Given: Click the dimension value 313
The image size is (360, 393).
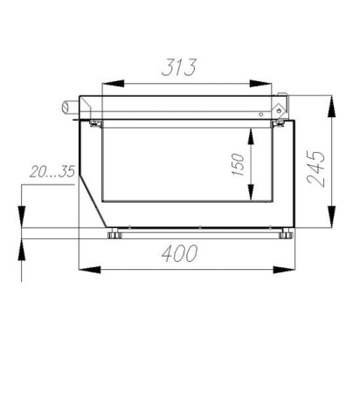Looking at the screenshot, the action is click(179, 67).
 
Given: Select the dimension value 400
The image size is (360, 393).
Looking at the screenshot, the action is click(180, 253).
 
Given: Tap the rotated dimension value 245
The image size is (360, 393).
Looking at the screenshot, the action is click(316, 169).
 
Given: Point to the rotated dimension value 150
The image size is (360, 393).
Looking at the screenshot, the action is click(238, 164).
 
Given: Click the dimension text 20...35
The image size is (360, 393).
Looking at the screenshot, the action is click(52, 171).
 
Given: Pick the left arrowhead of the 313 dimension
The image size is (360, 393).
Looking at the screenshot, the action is click(113, 84).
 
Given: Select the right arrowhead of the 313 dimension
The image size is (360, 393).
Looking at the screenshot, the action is click(260, 84).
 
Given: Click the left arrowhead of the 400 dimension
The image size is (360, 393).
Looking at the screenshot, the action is click(90, 270).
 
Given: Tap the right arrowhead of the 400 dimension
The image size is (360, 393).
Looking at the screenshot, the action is click(284, 270).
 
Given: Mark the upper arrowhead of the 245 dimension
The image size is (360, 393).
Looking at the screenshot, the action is click(331, 107).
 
